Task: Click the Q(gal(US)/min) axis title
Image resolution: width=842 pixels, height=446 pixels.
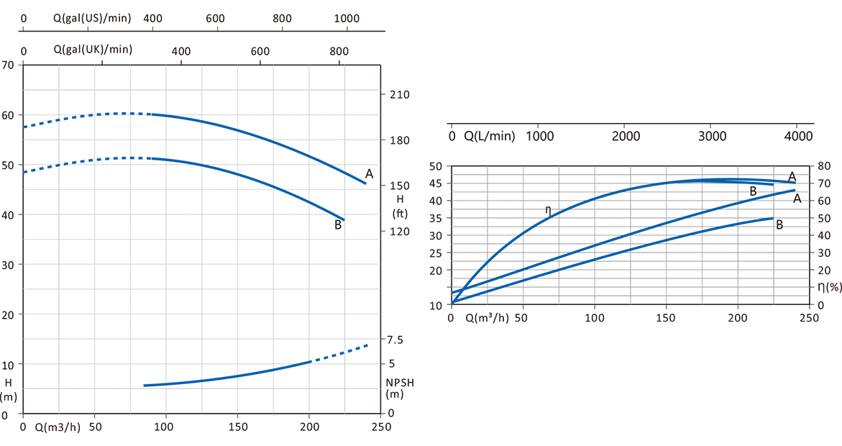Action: (92, 18)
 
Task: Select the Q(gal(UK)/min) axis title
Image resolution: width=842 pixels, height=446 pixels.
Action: (93, 50)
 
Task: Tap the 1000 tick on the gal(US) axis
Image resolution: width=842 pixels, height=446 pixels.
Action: (347, 18)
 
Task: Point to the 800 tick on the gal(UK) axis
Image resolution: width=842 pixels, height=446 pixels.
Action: (339, 50)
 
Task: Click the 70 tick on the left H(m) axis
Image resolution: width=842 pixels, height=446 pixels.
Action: (8, 65)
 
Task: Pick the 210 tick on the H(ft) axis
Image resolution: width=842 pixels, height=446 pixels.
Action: (399, 95)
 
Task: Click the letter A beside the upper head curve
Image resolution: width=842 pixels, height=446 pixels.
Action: (369, 173)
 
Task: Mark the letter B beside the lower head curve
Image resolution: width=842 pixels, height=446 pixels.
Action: (337, 224)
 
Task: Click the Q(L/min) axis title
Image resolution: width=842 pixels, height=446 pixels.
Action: (490, 136)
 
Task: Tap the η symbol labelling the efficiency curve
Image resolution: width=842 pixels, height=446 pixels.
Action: (548, 210)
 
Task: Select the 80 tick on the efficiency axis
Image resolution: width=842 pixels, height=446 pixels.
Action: (823, 165)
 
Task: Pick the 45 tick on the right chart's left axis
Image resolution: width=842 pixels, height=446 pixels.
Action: (435, 183)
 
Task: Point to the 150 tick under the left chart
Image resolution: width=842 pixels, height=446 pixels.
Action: (237, 427)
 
